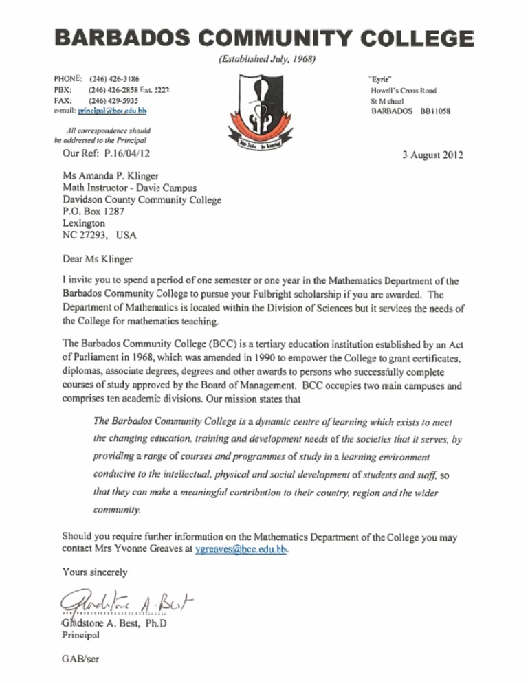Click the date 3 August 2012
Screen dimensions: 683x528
432,155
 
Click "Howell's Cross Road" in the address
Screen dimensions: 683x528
403,90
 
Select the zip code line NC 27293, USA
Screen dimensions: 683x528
99,235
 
